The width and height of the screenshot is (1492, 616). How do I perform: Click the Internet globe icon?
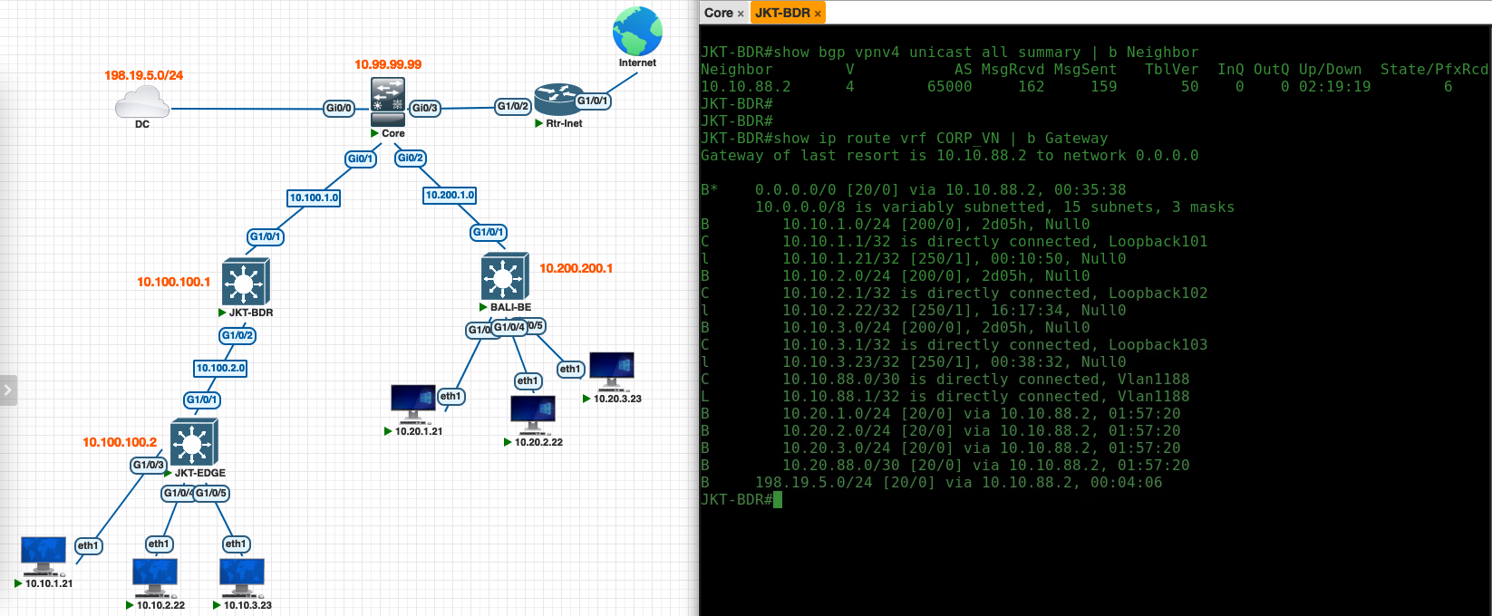point(637,32)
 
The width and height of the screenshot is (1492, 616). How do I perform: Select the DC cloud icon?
point(142,102)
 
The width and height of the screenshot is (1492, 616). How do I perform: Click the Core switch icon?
point(388,101)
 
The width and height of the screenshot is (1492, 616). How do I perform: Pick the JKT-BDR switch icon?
point(245,282)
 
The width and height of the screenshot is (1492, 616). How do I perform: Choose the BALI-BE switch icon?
point(505,276)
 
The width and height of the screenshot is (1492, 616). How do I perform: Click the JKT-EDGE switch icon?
point(194,442)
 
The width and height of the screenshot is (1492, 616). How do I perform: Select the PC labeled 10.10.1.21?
point(44,554)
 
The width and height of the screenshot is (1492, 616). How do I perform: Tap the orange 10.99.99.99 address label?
point(388,64)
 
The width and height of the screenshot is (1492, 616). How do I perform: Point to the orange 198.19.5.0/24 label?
point(143,75)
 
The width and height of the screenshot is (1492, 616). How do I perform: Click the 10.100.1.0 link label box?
point(314,197)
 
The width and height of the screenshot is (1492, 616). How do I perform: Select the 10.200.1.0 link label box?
point(450,195)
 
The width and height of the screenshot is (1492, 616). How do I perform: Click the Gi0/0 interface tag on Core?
point(338,108)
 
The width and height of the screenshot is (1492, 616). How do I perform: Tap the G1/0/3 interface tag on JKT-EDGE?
point(149,465)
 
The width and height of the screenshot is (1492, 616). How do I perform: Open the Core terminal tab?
point(718,13)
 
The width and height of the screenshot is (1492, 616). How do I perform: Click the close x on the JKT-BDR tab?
point(818,13)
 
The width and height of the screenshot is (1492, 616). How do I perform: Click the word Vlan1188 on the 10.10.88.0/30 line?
point(1153,380)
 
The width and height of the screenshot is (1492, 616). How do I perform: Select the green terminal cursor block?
point(778,500)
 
